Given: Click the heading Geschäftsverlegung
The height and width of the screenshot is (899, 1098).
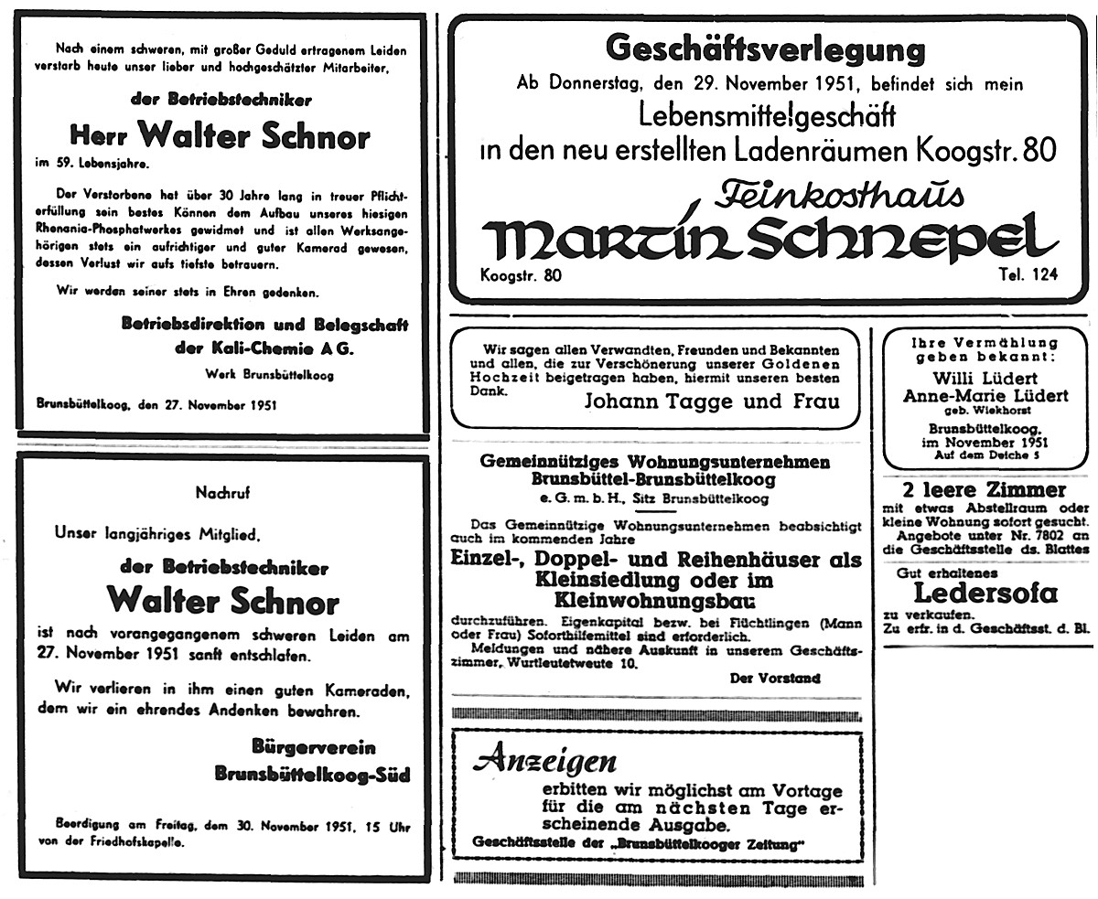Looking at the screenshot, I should click(x=765, y=48).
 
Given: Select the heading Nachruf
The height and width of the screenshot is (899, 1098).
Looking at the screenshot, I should click(x=222, y=492).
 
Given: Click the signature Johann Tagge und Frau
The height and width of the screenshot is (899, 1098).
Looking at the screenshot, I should click(x=710, y=401).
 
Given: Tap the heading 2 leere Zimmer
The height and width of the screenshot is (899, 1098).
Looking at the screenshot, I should click(x=984, y=490).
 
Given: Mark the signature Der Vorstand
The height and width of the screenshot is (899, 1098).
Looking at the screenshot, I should click(x=775, y=678).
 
